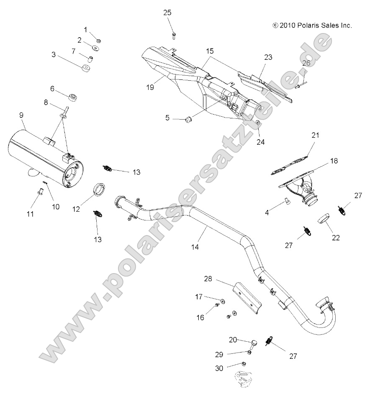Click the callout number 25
[167, 13]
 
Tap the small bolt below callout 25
[173, 35]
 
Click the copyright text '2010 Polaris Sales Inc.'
[312, 25]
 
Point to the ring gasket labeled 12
[99, 189]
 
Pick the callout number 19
[150, 87]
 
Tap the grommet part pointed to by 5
[188, 120]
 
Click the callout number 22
[335, 238]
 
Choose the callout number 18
[334, 161]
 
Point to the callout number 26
[306, 63]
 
